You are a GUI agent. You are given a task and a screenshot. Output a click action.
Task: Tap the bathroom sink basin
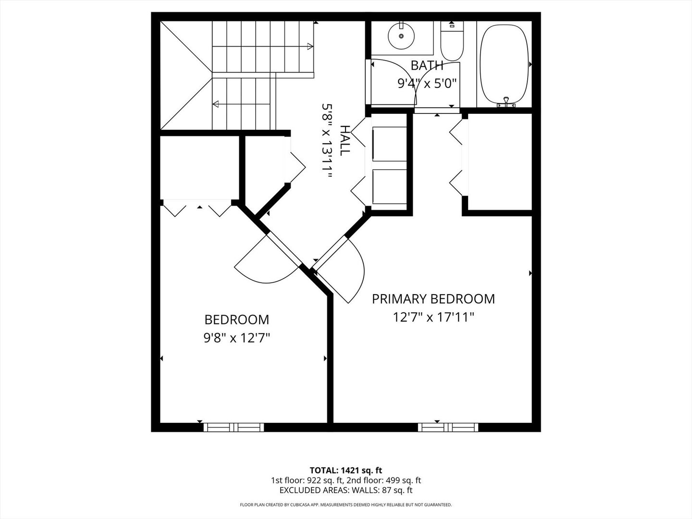pyautogui.click(x=401, y=35)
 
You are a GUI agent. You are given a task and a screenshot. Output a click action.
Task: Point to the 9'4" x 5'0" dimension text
pyautogui.click(x=426, y=84)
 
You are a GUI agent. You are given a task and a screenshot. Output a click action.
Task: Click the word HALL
pyautogui.click(x=345, y=140)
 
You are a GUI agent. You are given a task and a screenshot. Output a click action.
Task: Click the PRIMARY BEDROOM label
pyautogui.click(x=433, y=299)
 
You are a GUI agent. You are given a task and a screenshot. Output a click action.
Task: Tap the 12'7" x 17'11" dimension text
pyautogui.click(x=433, y=317)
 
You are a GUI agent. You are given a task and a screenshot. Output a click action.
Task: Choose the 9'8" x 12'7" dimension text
pyautogui.click(x=236, y=338)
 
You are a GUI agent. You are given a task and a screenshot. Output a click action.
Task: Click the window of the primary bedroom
pyautogui.click(x=448, y=427)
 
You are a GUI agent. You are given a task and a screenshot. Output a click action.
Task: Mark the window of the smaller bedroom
pyautogui.click(x=234, y=427)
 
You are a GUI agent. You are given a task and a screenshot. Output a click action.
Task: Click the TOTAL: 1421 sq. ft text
pyautogui.click(x=346, y=470)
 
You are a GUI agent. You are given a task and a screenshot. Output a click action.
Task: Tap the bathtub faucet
pyautogui.click(x=506, y=102)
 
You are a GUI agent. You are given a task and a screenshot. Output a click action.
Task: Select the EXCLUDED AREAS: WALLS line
pyautogui.click(x=346, y=490)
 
